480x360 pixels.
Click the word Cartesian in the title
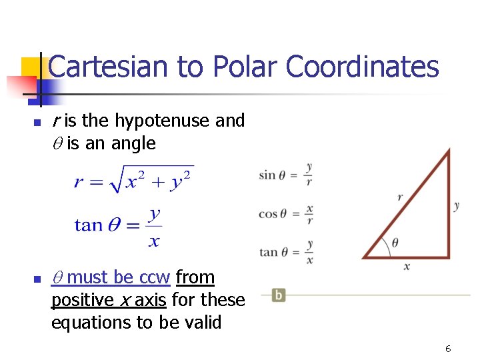click(109, 67)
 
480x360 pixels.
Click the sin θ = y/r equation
click(286, 175)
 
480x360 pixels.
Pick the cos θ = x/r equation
click(286, 213)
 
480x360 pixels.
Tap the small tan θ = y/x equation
click(286, 252)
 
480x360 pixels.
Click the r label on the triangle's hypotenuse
click(400, 197)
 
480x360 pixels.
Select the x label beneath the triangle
click(407, 267)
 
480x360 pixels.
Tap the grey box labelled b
click(279, 295)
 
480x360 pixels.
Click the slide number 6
click(448, 349)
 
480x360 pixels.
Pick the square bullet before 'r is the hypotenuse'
click(37, 122)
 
